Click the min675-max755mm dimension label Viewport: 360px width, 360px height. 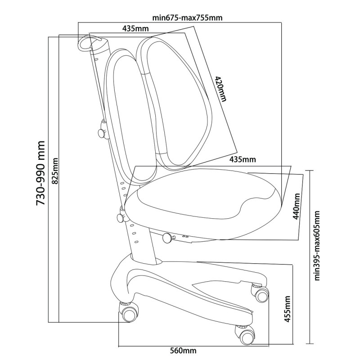point(187,18)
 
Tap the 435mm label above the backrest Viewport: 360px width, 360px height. point(135,29)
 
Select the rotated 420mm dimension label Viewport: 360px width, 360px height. point(220,89)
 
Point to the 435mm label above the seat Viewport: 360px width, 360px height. point(243,159)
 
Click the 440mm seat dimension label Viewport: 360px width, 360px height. point(297,206)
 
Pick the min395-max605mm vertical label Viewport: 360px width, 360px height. point(317,245)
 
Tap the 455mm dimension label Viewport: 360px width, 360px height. point(287,309)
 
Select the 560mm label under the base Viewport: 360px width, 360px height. point(183,351)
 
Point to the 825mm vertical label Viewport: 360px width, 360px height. point(55,171)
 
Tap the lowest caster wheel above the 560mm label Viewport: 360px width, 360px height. point(246,336)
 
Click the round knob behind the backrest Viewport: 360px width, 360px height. point(102,132)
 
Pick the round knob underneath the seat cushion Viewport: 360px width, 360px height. point(168,238)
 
